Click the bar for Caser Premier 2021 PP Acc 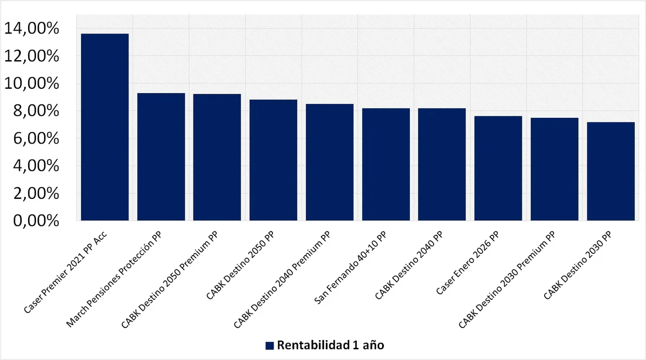pos(105,127)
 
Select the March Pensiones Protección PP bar pos(161,157)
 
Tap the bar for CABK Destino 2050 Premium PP pos(217,157)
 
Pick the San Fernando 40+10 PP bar pos(386,164)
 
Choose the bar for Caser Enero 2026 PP pos(498,168)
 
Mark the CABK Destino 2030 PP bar pos(611,171)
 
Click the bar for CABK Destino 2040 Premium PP pos(329,162)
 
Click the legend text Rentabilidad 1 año pos(330,345)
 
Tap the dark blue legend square pos(270,345)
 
